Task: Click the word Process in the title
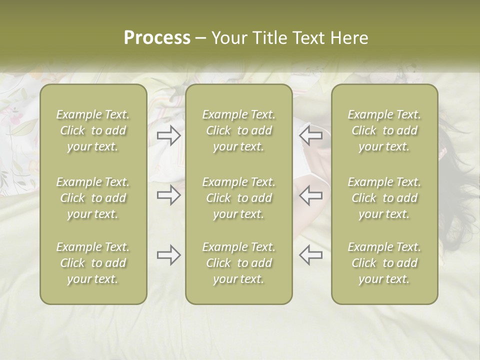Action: pos(157,38)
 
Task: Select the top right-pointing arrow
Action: pos(168,135)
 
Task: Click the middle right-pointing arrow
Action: pos(168,195)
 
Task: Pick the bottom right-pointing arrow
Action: pos(168,255)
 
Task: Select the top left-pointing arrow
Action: pos(311,135)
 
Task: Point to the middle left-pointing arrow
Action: pos(311,195)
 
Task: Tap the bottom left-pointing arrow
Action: pos(311,255)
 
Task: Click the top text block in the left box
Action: pos(93,130)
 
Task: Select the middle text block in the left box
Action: pos(93,198)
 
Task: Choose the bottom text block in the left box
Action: pos(93,263)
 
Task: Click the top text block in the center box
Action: pos(238,130)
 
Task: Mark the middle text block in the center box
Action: pos(238,198)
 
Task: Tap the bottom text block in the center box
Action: pos(238,263)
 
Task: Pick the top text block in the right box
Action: pos(384,130)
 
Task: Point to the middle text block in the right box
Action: pos(384,198)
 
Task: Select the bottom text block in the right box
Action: pos(384,263)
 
